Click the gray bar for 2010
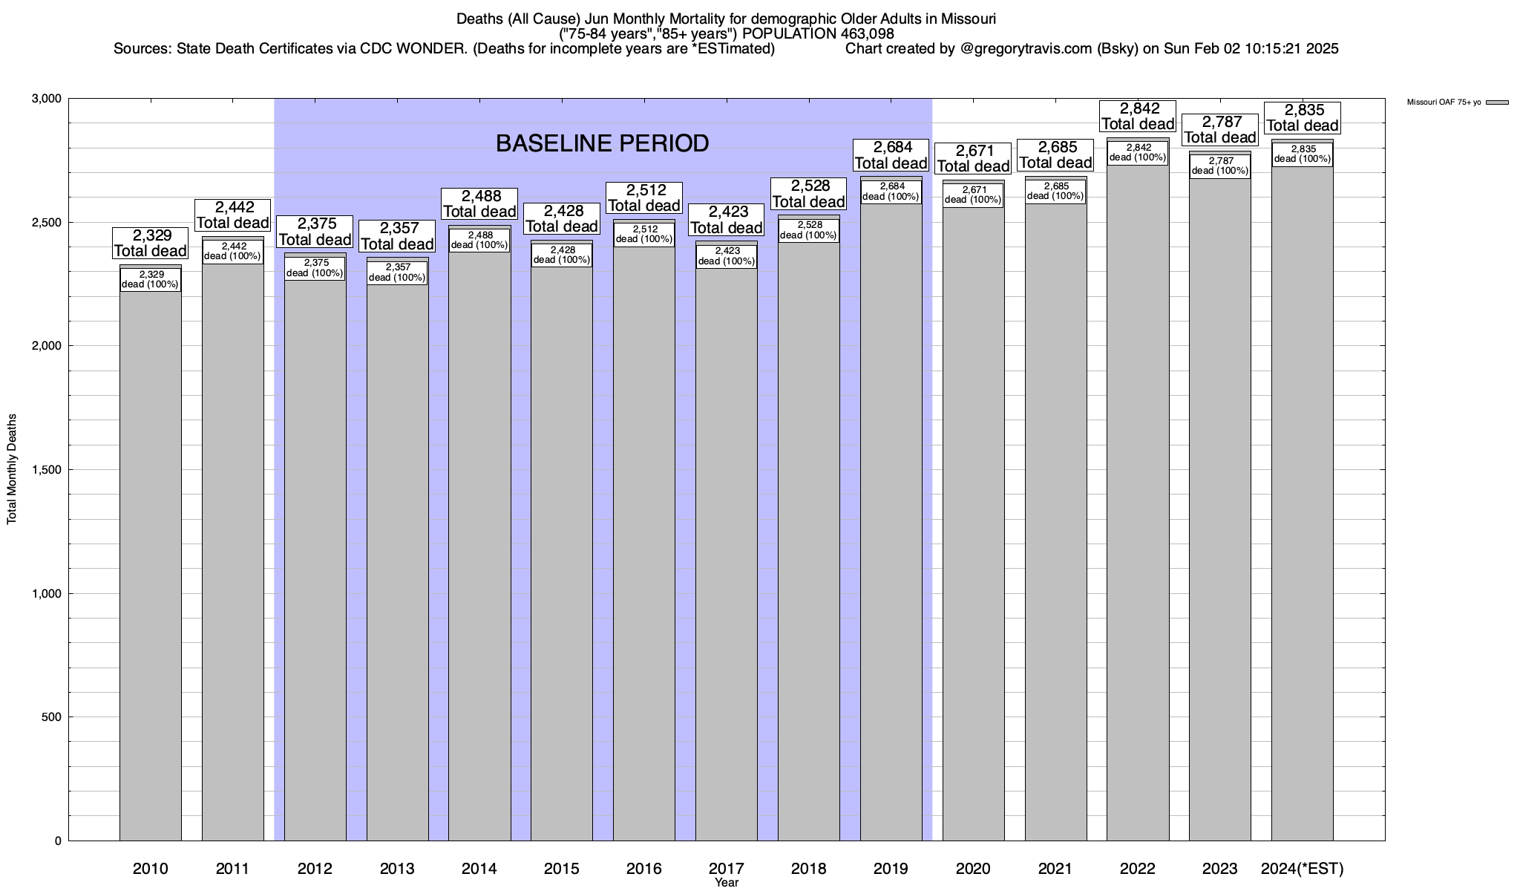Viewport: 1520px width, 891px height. tap(151, 564)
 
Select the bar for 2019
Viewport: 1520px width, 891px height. tap(891, 520)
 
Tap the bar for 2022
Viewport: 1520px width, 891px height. tap(1138, 505)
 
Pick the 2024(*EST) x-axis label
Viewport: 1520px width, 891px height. tap(1302, 868)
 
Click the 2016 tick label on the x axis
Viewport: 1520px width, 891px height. tap(644, 868)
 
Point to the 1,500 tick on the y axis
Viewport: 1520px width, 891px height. tap(46, 470)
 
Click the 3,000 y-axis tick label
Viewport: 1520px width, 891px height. tap(46, 99)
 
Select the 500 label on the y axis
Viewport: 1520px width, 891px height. tap(52, 717)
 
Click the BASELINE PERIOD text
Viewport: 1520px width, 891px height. tap(602, 143)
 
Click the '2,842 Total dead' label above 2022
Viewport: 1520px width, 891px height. tap(1138, 117)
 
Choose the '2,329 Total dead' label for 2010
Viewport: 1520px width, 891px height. tap(150, 244)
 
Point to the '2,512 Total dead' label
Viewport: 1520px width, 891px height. tap(643, 198)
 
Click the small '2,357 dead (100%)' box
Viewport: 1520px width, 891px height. tap(398, 272)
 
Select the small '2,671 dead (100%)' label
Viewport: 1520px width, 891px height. tap(973, 195)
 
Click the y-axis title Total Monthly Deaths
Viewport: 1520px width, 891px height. tap(12, 469)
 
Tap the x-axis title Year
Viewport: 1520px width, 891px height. tap(727, 882)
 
